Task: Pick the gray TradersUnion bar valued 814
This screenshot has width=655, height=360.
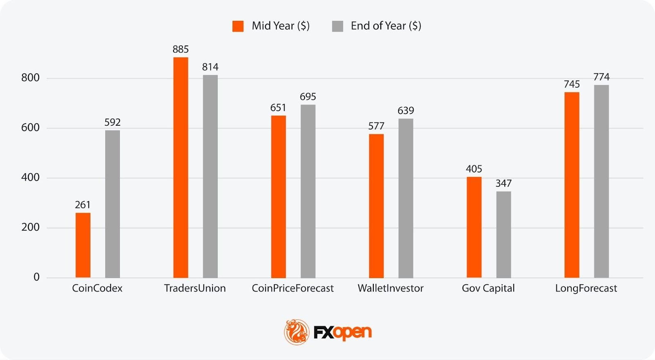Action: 210,176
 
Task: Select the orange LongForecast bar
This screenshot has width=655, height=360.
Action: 571,185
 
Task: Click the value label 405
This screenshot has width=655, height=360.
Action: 474,169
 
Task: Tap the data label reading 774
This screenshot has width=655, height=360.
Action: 601,77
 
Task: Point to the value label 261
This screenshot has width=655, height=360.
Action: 83,205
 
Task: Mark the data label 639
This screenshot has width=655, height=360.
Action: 406,111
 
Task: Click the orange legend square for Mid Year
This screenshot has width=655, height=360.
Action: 238,26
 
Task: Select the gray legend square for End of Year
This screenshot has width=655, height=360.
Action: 337,26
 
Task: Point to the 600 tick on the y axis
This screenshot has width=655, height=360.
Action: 30,128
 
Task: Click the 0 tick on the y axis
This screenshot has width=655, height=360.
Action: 36,277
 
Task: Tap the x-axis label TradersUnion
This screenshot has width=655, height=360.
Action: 195,288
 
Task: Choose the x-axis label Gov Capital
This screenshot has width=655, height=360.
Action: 488,288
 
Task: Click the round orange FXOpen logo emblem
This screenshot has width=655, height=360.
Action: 297,332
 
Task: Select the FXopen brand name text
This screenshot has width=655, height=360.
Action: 343,332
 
